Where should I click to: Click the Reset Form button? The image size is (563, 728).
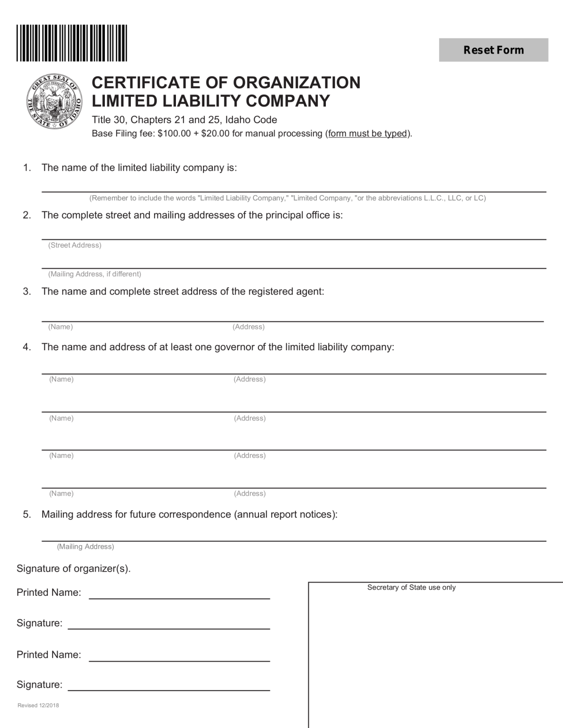493,50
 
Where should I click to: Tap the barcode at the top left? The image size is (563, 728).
72,43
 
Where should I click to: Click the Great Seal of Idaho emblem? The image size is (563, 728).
54,101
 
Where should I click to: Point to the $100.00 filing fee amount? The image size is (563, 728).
174,134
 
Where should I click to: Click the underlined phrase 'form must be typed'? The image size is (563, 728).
368,134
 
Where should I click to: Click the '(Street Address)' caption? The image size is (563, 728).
74,246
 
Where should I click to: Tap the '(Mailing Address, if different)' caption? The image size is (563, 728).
94,274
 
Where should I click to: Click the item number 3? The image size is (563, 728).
27,291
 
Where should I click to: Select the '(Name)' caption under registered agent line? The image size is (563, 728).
60,327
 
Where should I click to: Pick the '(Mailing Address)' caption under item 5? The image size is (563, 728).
85,546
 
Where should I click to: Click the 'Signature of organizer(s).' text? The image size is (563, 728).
74,569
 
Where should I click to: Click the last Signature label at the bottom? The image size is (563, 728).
39,684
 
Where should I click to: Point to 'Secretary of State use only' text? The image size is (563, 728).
411,588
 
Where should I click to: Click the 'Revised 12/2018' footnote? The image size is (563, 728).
38,705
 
